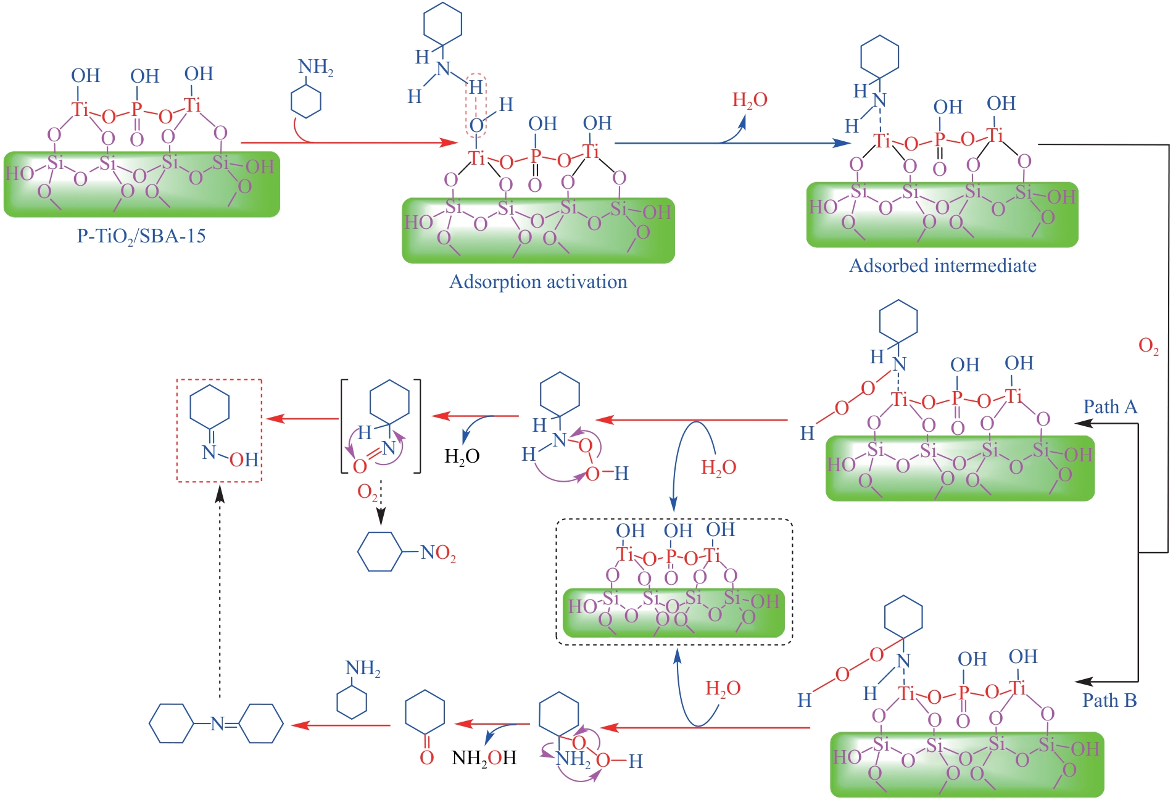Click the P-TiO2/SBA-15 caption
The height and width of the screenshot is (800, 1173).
point(141,236)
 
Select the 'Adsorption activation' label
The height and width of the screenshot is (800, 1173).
point(538,282)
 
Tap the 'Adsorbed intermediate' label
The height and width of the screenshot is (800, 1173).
point(942,266)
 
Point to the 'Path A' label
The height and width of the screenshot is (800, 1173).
point(1110,407)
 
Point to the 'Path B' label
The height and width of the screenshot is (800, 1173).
point(1109,701)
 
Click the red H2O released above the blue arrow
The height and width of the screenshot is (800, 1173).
point(750,101)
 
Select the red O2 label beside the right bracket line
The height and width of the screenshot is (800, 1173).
point(1148,346)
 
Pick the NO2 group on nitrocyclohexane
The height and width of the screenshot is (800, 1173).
point(438,553)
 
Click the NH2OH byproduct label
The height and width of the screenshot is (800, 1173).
point(484,758)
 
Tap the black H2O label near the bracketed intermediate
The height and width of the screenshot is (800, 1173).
point(462,456)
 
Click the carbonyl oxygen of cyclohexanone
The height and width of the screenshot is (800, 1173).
point(426,757)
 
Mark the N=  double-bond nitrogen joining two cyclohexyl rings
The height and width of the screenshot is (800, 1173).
point(217,724)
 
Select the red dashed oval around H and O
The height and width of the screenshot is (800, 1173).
point(476,105)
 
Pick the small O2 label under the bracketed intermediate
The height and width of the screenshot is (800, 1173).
point(368,492)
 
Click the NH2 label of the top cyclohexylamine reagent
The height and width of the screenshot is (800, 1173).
point(315,68)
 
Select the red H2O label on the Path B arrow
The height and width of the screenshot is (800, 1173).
point(723,689)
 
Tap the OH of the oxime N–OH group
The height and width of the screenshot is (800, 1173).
point(244,460)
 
